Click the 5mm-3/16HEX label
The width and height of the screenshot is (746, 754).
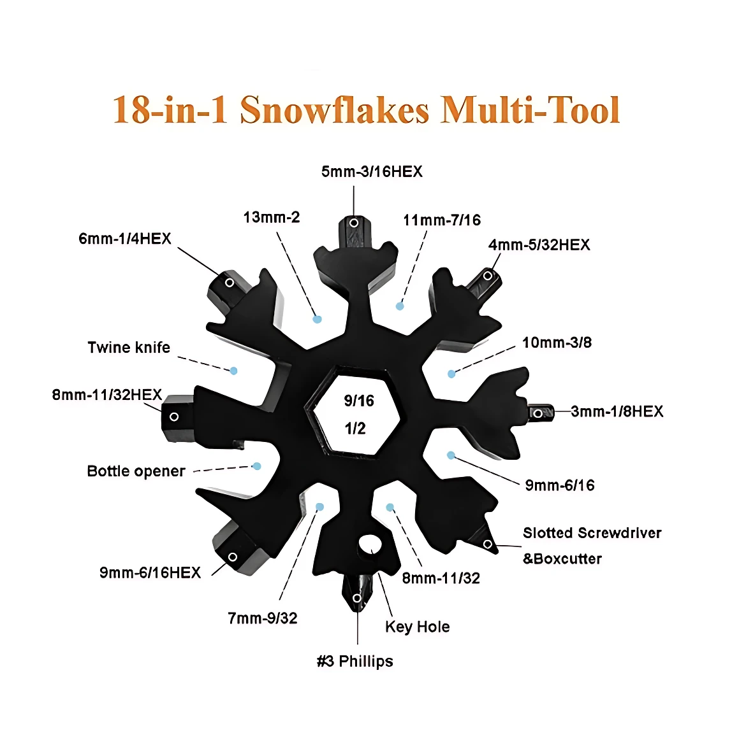click(372, 172)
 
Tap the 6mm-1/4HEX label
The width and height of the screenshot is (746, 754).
click(125, 239)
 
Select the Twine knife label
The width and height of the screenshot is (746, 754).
click(129, 347)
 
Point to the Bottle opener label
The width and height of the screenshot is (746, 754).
click(136, 471)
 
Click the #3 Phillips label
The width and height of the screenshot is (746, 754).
click(355, 661)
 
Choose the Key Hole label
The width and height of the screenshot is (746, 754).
click(418, 627)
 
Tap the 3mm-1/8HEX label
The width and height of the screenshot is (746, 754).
click(617, 411)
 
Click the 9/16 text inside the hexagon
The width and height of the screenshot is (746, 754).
click(359, 401)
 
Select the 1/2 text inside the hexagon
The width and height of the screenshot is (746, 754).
click(355, 428)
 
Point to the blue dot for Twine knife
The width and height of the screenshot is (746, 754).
click(233, 371)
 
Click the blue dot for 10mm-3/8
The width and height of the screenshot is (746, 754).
click(451, 374)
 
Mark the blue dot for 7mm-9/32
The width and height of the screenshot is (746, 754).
click(320, 507)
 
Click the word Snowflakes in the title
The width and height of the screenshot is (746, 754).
click(334, 110)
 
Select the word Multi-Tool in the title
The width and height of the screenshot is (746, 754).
click(530, 110)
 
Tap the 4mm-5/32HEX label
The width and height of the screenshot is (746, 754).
click(539, 245)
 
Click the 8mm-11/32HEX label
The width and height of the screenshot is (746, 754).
click(107, 395)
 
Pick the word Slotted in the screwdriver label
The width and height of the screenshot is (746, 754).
click(548, 533)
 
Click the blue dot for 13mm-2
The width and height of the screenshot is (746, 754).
click(317, 319)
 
